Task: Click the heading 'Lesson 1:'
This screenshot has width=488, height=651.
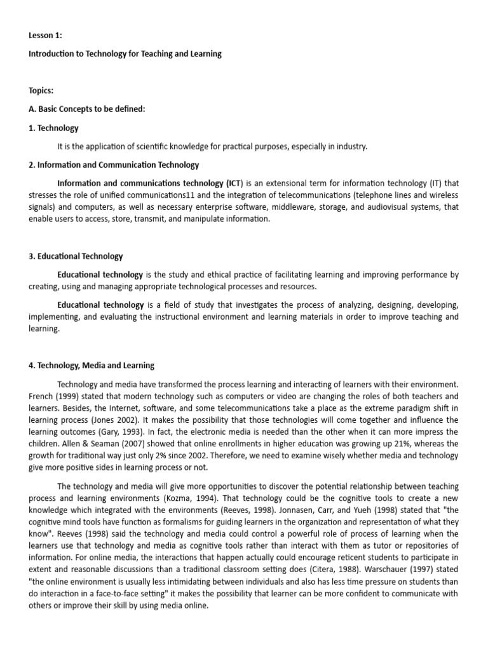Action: (x=45, y=36)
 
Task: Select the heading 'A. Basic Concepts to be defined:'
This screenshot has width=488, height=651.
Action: (x=87, y=109)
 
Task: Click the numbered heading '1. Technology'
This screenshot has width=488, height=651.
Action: (x=53, y=128)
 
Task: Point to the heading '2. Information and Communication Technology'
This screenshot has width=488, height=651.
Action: (x=114, y=165)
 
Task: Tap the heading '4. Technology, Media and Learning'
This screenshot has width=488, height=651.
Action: (x=91, y=366)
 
